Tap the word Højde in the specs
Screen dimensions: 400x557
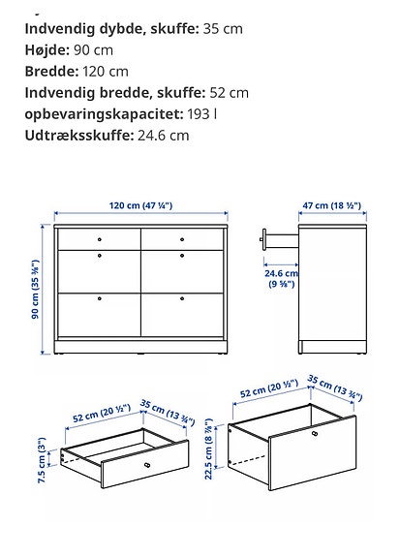(x=46, y=49)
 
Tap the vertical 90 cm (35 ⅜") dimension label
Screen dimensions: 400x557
(x=36, y=289)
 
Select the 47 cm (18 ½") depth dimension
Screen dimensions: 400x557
(x=332, y=206)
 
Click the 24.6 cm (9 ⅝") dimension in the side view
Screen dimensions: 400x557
(x=282, y=279)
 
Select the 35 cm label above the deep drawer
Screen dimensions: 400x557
(x=337, y=387)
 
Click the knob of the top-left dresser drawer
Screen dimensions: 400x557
(x=100, y=237)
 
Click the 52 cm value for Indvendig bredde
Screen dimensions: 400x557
(x=228, y=92)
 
